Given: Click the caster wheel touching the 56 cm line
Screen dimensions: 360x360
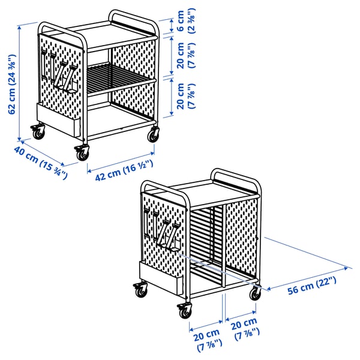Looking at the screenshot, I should [257, 293].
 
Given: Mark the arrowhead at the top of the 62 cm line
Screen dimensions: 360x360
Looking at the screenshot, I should [20, 25].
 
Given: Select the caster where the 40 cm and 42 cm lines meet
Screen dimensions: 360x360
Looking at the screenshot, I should [81, 154].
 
